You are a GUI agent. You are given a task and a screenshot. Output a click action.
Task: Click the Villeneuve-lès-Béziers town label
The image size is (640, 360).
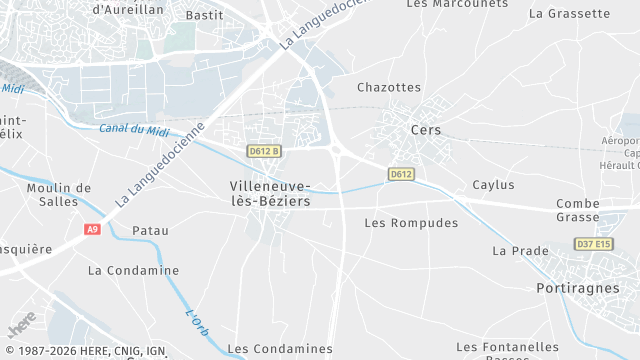[269, 193]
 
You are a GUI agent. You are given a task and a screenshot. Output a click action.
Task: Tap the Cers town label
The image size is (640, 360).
[426, 130]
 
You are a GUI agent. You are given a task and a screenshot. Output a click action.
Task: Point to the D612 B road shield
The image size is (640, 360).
[264, 151]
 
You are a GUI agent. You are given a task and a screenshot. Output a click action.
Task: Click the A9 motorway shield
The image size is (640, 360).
[92, 229]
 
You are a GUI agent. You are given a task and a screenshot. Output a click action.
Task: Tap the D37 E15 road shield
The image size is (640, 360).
[595, 244]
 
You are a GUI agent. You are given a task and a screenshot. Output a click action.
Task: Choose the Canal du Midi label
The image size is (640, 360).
[135, 129]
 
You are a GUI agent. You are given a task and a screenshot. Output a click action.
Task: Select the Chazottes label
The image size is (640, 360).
[389, 88]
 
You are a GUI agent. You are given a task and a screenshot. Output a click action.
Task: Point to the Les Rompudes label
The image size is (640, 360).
[411, 223]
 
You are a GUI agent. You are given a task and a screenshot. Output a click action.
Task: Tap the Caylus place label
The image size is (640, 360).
[493, 185]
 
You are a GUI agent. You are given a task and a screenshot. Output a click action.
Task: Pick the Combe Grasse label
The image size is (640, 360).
[578, 210]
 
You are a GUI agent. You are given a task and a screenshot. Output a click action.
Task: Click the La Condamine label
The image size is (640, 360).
[133, 270]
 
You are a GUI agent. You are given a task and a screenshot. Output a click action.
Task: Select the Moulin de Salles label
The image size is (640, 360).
[59, 195]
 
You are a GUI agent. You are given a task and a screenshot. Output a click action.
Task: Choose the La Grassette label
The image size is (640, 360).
[569, 14]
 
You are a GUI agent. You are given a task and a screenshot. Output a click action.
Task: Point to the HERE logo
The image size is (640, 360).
[20, 326]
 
